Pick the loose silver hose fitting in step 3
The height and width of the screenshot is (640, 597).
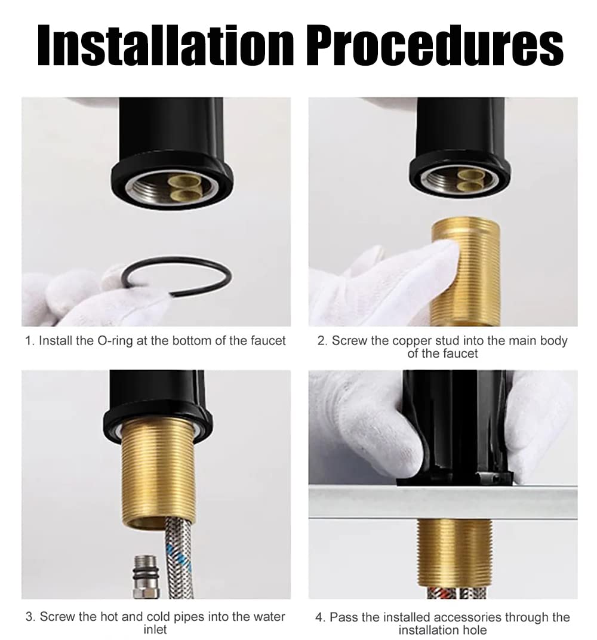[x=145, y=576]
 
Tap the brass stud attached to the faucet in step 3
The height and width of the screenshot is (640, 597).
[x=158, y=473]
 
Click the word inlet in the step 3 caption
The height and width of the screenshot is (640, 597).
[x=155, y=629]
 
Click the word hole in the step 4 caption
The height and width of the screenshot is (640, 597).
[x=475, y=630]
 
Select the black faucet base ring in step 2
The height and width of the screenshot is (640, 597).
[x=460, y=176]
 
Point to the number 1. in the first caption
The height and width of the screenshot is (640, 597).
[x=30, y=341]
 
